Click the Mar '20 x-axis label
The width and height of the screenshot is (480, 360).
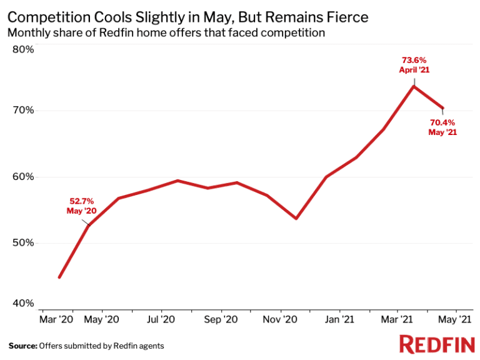[x=56, y=319]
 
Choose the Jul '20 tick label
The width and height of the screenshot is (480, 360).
[x=161, y=319]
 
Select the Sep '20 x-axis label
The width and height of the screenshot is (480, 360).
[x=221, y=319]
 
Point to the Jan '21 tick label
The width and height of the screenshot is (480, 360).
[x=340, y=319]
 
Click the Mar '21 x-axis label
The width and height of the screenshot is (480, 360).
[x=396, y=319]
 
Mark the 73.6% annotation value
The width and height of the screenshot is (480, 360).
[x=414, y=61]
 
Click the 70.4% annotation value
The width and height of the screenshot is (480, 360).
[x=442, y=122]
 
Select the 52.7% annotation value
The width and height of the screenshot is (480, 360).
[x=81, y=201]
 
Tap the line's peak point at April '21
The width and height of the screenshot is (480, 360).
[x=414, y=86]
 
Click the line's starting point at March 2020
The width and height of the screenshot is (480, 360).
[x=59, y=277]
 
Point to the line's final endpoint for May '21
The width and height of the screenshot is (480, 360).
[x=442, y=108]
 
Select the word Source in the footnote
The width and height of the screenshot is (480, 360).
[x=22, y=345]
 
